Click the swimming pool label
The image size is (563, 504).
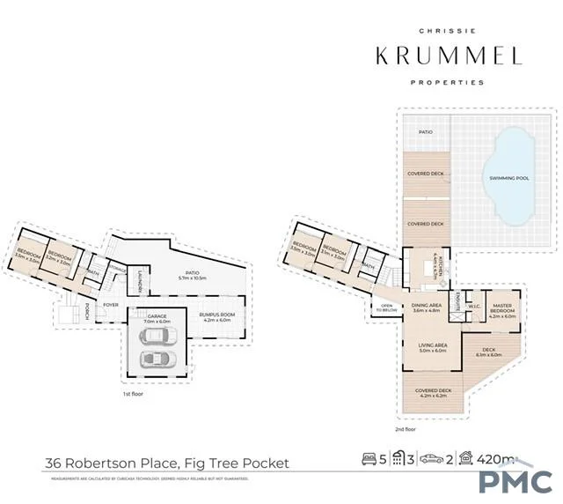pyautogui.click(x=509, y=179)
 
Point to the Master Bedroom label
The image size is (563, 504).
pyautogui.click(x=503, y=312)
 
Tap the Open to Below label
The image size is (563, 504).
pyautogui.click(x=385, y=308)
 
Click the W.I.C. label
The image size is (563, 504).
pyautogui.click(x=472, y=308)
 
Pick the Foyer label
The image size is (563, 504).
pyautogui.click(x=111, y=305)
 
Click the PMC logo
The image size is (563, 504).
pyautogui.click(x=515, y=480)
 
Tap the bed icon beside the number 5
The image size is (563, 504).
pyautogui.click(x=369, y=459)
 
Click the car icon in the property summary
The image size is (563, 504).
pyautogui.click(x=430, y=459)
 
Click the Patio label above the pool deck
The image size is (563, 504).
pyautogui.click(x=426, y=132)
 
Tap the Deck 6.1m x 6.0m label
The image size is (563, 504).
pyautogui.click(x=488, y=352)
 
